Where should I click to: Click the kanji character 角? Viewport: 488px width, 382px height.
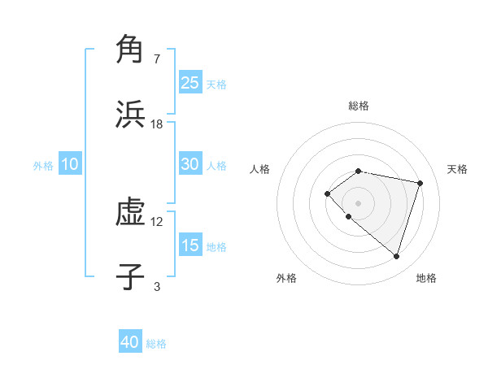pos(130,50)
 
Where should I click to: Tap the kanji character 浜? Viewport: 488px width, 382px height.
pos(130,115)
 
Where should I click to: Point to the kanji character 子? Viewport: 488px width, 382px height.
pos(130,277)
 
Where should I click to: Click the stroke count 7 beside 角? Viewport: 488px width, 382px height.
pos(157,59)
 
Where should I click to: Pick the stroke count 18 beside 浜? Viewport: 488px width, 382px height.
pos(157,124)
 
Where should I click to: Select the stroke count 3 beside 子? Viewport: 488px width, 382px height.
pos(157,286)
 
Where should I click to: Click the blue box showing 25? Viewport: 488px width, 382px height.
pos(190,83)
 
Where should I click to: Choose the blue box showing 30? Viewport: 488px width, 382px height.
pos(190,164)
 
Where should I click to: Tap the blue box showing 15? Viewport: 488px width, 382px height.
pos(190,245)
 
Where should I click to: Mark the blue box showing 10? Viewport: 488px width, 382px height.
pos(70,164)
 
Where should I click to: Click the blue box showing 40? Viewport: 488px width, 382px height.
pos(130,342)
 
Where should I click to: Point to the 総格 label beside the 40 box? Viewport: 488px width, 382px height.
pos(156,344)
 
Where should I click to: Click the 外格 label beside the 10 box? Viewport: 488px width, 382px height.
pos(43,166)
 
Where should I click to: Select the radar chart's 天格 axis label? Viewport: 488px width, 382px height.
pos(458,169)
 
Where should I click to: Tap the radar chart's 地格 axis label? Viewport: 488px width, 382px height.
pos(426,278)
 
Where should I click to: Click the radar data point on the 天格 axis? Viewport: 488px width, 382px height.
pos(420,183)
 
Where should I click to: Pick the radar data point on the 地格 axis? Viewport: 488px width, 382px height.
pos(396,256)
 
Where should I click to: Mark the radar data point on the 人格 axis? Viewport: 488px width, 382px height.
pos(327,193)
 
